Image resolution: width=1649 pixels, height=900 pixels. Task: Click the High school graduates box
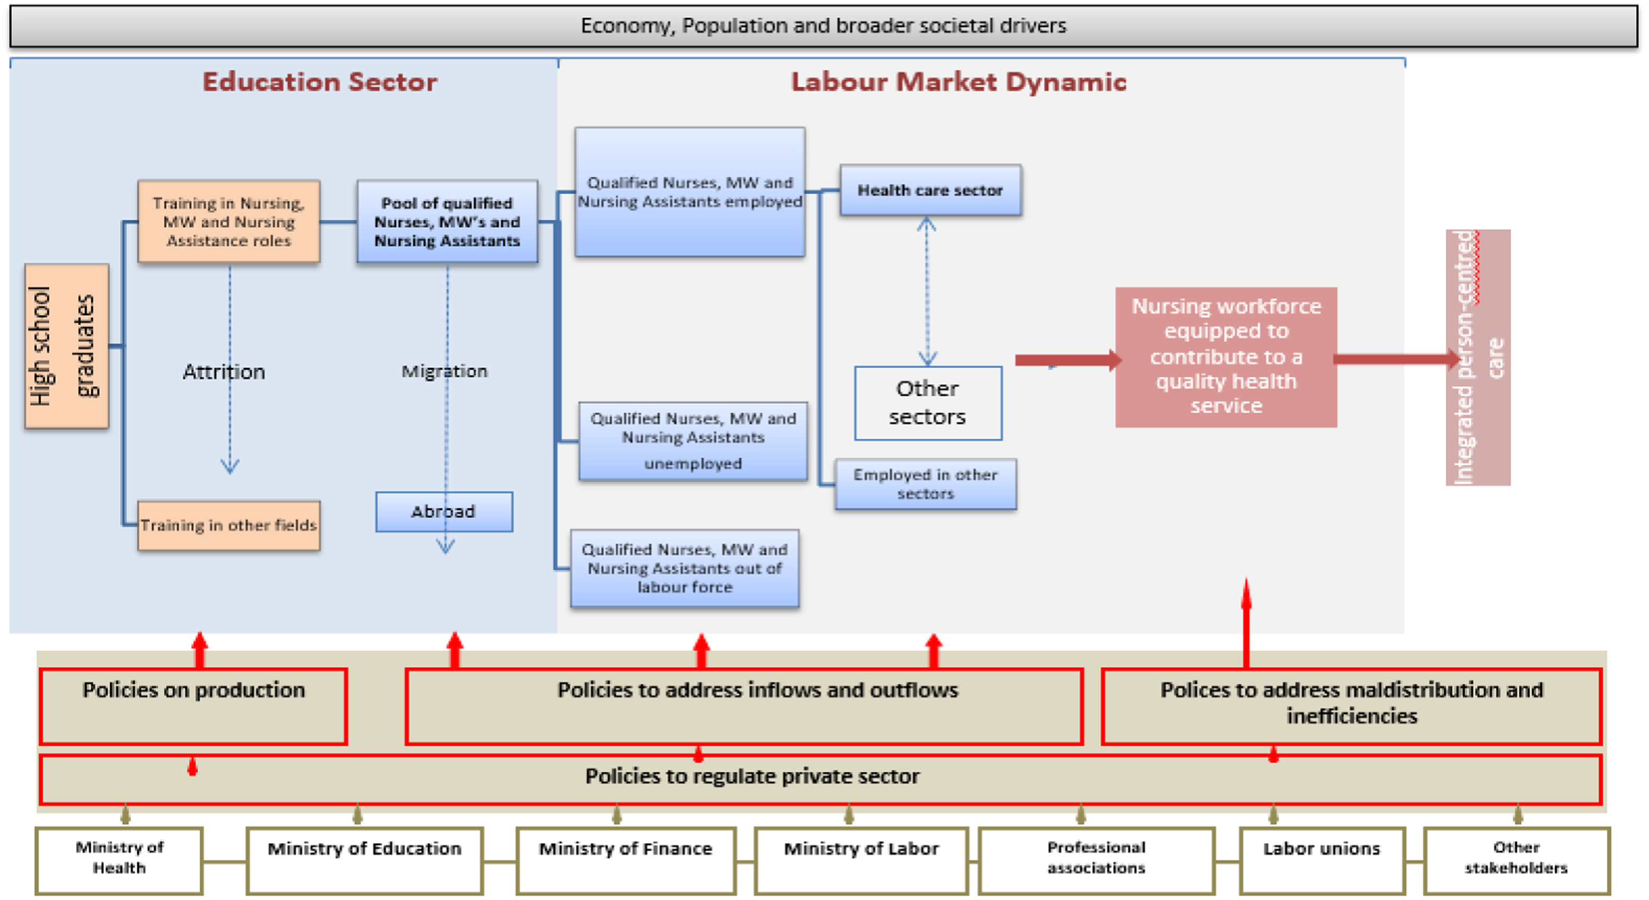click(67, 346)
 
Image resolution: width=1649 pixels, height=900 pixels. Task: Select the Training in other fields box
click(228, 525)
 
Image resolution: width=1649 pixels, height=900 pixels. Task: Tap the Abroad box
click(444, 512)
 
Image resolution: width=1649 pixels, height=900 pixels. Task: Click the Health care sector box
click(930, 190)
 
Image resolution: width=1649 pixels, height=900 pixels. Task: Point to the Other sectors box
click(927, 403)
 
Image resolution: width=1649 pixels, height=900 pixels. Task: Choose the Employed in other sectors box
click(925, 484)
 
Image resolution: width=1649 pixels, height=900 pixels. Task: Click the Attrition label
click(224, 372)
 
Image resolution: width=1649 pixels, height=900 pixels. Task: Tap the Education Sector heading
click(320, 82)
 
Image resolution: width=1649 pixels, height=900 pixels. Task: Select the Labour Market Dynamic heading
click(958, 82)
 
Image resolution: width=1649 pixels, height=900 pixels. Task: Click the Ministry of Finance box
click(625, 860)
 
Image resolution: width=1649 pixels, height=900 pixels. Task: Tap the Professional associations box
click(1096, 860)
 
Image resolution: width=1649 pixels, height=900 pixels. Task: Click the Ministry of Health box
click(119, 860)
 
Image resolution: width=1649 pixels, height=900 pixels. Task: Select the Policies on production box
click(193, 705)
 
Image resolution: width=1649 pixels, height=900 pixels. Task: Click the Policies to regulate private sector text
click(752, 776)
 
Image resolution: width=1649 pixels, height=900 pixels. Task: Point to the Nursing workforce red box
click(1226, 356)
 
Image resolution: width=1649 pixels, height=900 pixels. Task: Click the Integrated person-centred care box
click(1477, 357)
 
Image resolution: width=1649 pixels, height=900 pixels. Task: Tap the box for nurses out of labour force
click(684, 568)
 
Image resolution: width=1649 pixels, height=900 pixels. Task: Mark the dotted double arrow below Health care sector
click(927, 292)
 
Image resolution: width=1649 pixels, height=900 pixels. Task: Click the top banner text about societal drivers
click(823, 25)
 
